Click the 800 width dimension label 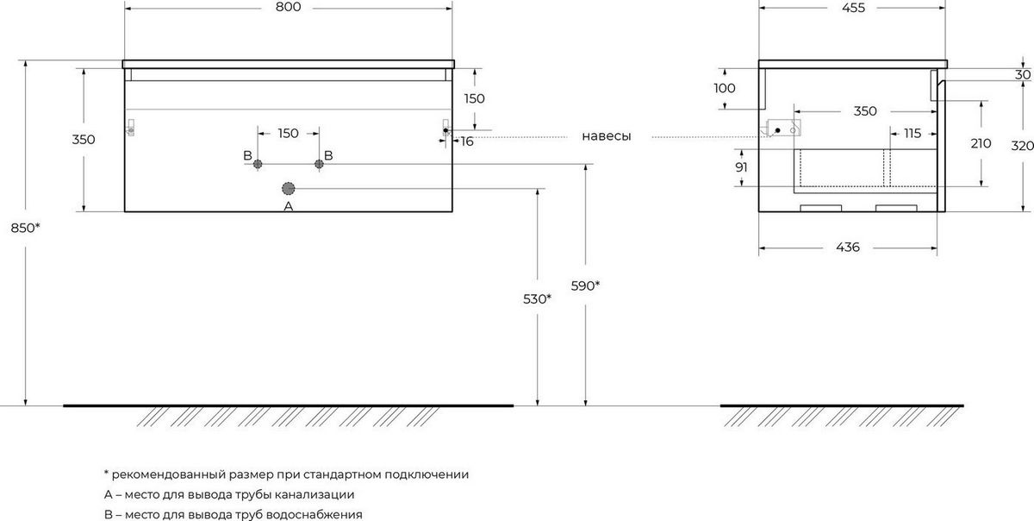pos(288,7)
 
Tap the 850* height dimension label pos(25,228)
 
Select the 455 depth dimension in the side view pos(853,8)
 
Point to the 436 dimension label pos(848,248)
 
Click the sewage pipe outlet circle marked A pos(288,189)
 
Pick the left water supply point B pos(258,164)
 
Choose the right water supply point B pos(319,164)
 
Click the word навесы pos(606,136)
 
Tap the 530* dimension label pos(537,299)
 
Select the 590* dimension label pos(585,286)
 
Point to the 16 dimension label pos(467,141)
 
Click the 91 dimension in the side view pos(741,167)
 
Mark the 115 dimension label pos(913,134)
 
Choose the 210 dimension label pos(981,143)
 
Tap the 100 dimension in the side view pos(725,88)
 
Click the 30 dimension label pos(1023,74)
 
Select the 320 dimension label pos(1022,146)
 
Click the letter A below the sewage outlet pos(288,206)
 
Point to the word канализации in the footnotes pos(315,494)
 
